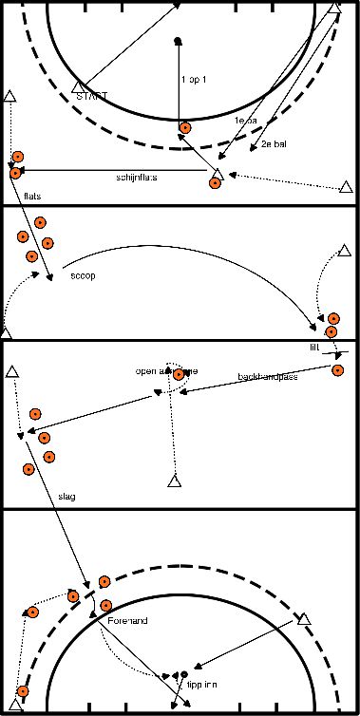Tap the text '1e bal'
(247, 122)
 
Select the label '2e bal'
(275, 144)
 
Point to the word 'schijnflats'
(137, 178)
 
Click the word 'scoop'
(84, 277)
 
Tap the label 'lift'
(315, 348)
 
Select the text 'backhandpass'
(265, 377)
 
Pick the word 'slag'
(66, 496)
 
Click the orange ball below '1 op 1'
(185, 128)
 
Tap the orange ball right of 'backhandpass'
(337, 369)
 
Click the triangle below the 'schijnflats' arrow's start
(218, 174)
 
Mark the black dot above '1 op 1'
(178, 41)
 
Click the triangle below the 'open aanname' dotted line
(174, 481)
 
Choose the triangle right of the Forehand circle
(304, 619)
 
